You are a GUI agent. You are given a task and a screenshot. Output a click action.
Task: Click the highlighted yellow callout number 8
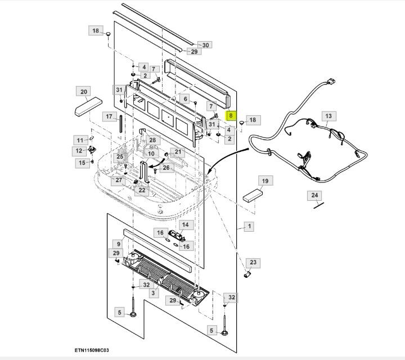[230, 115]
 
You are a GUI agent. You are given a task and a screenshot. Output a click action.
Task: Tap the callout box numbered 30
[205, 45]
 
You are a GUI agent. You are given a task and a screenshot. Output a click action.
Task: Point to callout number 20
[84, 92]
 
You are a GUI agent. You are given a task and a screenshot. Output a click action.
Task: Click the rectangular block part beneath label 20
[87, 106]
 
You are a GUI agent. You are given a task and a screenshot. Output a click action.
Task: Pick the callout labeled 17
[109, 116]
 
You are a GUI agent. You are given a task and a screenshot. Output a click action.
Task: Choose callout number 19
[263, 181]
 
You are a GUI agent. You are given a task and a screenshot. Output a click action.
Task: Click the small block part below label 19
[253, 195]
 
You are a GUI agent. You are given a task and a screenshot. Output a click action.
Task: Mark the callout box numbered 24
[315, 195]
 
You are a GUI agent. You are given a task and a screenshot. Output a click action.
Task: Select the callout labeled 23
[253, 263]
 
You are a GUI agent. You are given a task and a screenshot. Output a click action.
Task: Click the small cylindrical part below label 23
[246, 274]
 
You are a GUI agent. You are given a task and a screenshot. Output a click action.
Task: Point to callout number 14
[185, 225]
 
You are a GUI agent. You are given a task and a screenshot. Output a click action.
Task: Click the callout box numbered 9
[118, 244]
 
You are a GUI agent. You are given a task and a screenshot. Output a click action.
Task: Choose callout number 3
[152, 293]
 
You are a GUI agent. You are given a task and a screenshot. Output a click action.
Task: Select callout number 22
[142, 191]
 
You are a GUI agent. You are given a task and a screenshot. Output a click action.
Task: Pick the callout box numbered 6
[185, 99]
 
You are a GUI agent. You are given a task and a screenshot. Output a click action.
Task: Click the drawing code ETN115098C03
[99, 349]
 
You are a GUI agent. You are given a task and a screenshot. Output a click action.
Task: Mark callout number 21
[178, 152]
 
